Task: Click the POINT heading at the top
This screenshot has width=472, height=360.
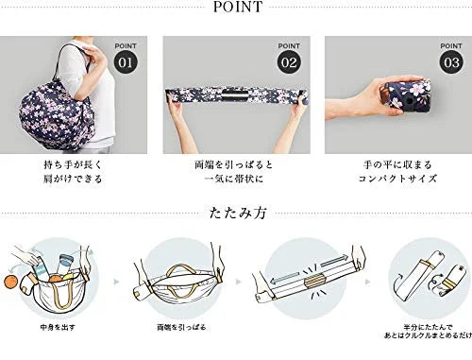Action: [236, 10]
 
